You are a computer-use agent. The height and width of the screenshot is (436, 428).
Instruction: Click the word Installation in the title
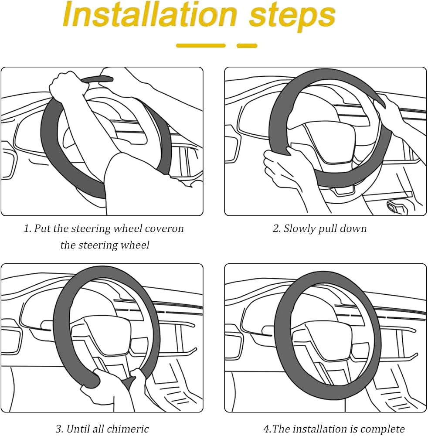click(x=150, y=14)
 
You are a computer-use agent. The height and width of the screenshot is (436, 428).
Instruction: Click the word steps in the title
click(x=292, y=17)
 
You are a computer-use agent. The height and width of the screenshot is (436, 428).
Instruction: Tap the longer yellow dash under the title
click(x=200, y=46)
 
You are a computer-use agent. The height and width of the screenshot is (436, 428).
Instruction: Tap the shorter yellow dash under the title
click(x=247, y=46)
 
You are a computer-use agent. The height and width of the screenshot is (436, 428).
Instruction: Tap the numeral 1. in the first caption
click(x=27, y=229)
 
